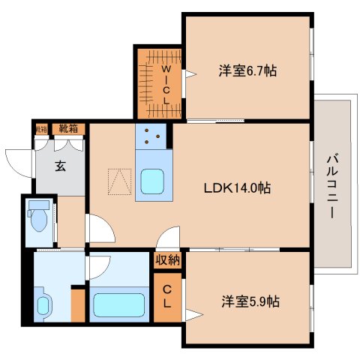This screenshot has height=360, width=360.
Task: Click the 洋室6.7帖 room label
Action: click(247, 71)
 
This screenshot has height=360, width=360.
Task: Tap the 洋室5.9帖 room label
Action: click(250, 301)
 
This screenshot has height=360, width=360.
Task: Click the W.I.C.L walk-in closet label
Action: click(166, 83)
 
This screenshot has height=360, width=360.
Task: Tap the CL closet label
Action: click(167, 298)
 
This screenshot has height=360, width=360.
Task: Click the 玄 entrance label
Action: click(59, 166)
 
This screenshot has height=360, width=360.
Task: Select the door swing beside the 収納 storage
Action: click(172, 238)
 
